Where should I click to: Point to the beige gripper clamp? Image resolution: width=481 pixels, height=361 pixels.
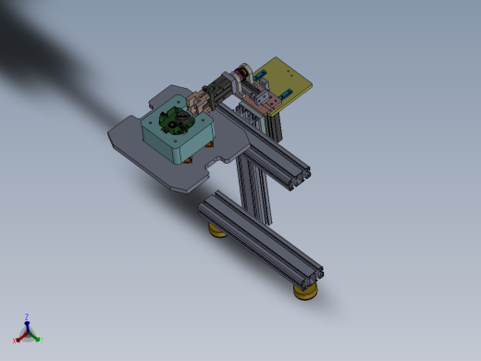(x=199, y=101)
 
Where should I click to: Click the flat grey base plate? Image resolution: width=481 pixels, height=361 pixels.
(x=139, y=153)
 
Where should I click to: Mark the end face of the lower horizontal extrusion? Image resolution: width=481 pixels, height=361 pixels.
(x=311, y=272)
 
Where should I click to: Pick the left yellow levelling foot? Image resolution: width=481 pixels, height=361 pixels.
(x=218, y=230)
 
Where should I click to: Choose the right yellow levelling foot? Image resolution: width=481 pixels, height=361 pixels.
(x=305, y=293)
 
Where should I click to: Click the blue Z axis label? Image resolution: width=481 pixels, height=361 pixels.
(x=27, y=317)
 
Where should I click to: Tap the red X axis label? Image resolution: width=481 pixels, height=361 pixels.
(x=16, y=341)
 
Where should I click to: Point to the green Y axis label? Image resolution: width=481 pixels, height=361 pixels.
(x=41, y=339)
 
